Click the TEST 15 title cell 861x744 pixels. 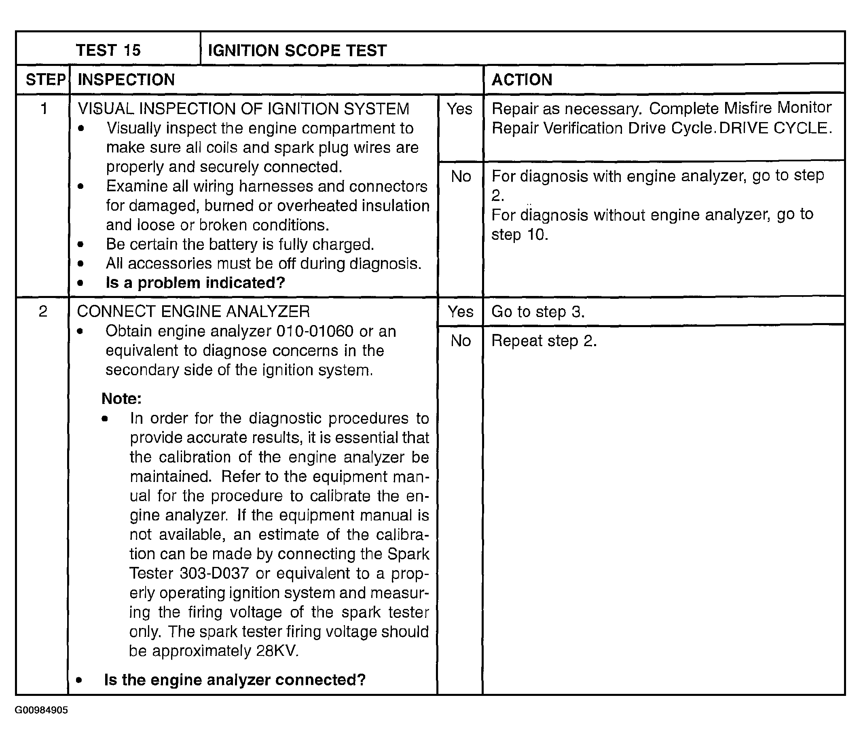pyautogui.click(x=108, y=50)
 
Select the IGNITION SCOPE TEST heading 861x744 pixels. pyautogui.click(x=297, y=51)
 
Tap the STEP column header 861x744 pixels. pyautogui.click(x=45, y=79)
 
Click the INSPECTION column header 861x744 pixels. pyautogui.click(x=126, y=79)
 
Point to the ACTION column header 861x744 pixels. pyautogui.click(x=522, y=79)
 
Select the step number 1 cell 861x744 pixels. pyautogui.click(x=44, y=109)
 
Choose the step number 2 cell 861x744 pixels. pyautogui.click(x=43, y=312)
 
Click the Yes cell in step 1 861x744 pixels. pyautogui.click(x=459, y=109)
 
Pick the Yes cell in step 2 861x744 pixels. pyautogui.click(x=460, y=312)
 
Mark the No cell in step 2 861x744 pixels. pyautogui.click(x=460, y=341)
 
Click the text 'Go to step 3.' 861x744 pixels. pyautogui.click(x=538, y=312)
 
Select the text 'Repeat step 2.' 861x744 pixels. pyautogui.click(x=544, y=341)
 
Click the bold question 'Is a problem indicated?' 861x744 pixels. pyautogui.click(x=195, y=283)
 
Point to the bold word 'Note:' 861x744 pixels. pyautogui.click(x=121, y=399)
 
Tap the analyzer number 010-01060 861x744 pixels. pyautogui.click(x=315, y=332)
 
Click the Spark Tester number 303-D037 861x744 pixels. pyautogui.click(x=214, y=573)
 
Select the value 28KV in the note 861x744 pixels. pyautogui.click(x=277, y=651)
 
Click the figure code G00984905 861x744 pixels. pyautogui.click(x=41, y=710)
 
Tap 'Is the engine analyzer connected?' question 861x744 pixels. pyautogui.click(x=235, y=680)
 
